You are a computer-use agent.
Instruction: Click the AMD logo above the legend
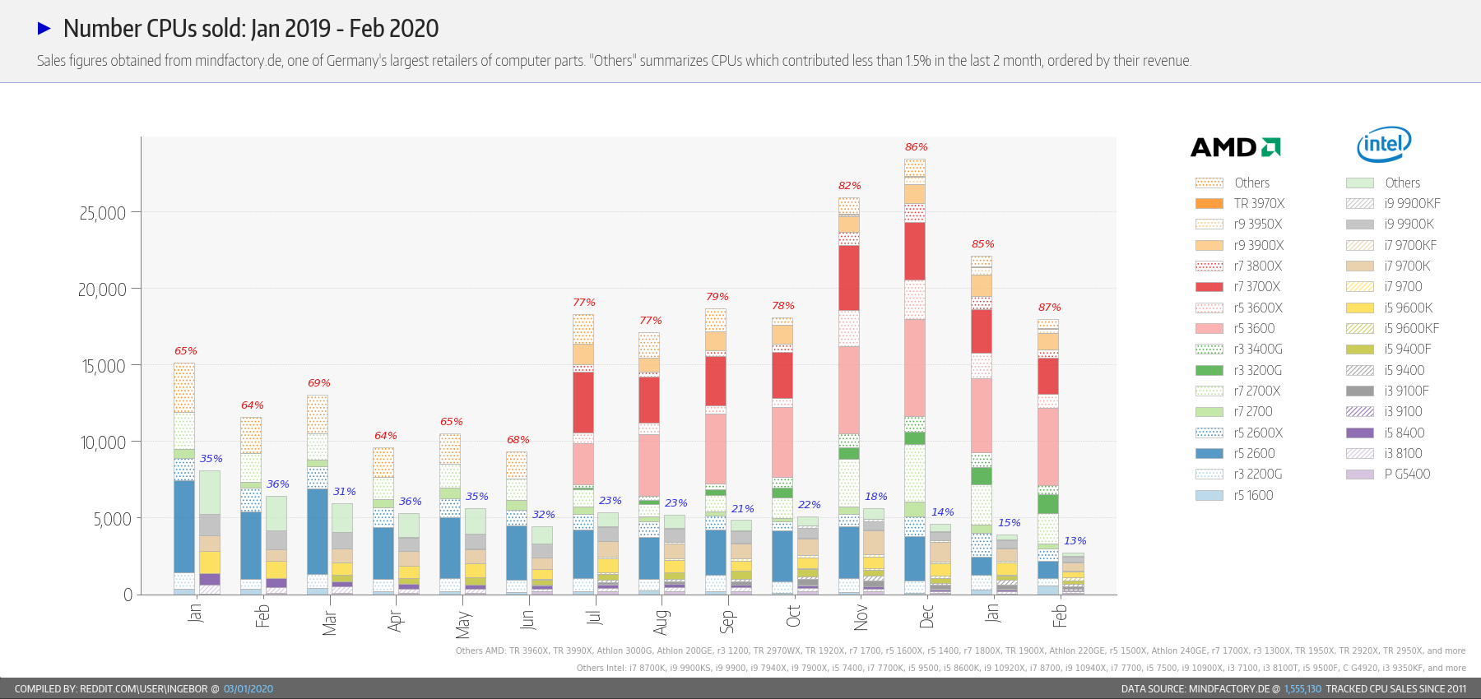point(1235,147)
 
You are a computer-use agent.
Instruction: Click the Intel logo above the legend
point(1384,145)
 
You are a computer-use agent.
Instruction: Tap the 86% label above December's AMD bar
point(916,147)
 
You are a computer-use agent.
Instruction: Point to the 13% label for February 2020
point(1075,541)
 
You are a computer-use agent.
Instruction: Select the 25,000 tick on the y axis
point(103,213)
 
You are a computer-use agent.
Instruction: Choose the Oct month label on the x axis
point(793,617)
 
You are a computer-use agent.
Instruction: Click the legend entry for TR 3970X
point(1258,204)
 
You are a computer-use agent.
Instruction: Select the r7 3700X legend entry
point(1256,287)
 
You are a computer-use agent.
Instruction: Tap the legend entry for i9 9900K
point(1408,225)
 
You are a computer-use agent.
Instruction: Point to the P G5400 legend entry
point(1406,474)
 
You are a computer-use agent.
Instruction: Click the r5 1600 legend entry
point(1252,495)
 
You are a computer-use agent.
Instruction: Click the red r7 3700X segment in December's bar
point(915,251)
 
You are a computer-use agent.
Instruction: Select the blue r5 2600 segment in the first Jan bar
point(184,526)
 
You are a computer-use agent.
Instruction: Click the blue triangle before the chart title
point(44,29)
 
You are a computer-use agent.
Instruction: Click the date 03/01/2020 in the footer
point(248,689)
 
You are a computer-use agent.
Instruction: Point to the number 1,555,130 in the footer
point(1302,689)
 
